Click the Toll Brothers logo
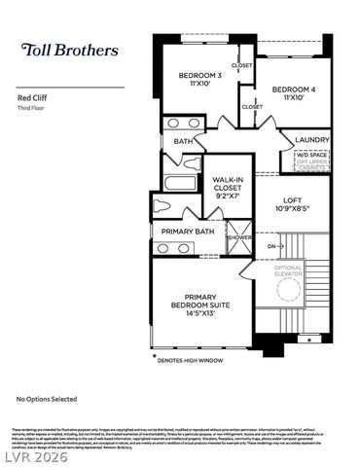pos(70,50)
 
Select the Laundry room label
pos(311,140)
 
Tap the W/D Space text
pos(314,154)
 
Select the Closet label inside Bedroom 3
pos(241,65)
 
